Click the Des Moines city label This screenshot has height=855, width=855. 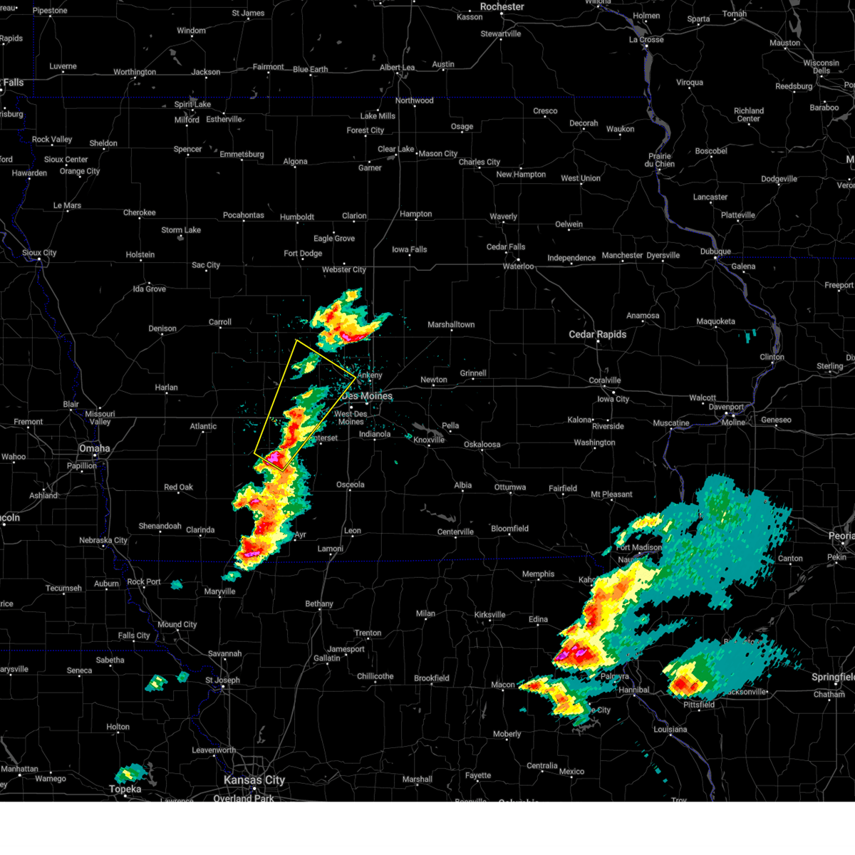click(x=367, y=396)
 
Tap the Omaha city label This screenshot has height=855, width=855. click(x=95, y=448)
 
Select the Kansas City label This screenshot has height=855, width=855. click(x=254, y=780)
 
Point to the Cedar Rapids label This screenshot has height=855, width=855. click(x=597, y=334)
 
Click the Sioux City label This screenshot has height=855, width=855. click(x=39, y=253)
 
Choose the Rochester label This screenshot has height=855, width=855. click(x=502, y=6)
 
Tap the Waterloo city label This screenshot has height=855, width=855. click(x=518, y=266)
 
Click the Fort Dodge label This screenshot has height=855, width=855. click(x=303, y=254)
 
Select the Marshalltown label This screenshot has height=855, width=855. click(x=451, y=325)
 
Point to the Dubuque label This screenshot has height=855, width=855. click(x=715, y=252)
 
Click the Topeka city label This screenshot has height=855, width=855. click(x=125, y=789)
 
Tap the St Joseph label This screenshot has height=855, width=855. click(x=223, y=680)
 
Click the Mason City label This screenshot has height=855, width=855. click(x=437, y=154)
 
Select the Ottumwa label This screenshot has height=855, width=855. click(x=510, y=487)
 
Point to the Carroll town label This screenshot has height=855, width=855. click(x=219, y=322)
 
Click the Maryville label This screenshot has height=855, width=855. click(x=219, y=591)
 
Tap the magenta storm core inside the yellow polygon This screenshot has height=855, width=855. click(x=272, y=457)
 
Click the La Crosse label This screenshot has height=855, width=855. click(x=646, y=40)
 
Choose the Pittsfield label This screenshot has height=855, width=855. click(x=699, y=705)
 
